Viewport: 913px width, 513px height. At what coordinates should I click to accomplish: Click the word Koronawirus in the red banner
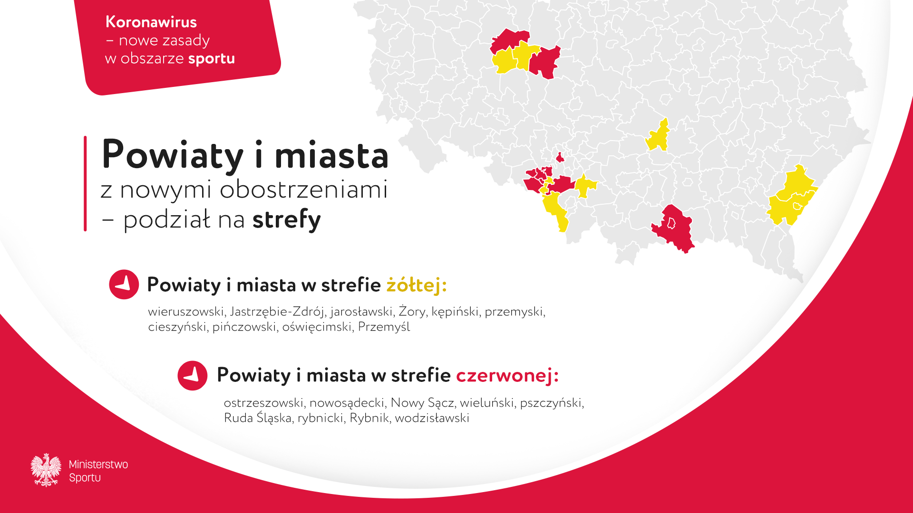(x=151, y=22)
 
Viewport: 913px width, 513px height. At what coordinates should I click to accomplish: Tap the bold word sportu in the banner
(x=212, y=59)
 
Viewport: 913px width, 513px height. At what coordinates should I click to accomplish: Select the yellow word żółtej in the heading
(x=417, y=285)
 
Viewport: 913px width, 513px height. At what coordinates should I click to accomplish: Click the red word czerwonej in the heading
(x=507, y=375)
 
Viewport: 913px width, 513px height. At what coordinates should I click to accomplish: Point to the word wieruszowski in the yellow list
(x=186, y=312)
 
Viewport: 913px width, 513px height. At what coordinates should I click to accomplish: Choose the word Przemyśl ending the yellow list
(x=384, y=327)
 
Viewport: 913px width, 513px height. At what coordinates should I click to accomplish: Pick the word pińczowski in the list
(x=244, y=327)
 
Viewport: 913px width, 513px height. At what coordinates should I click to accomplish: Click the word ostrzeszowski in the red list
(x=264, y=403)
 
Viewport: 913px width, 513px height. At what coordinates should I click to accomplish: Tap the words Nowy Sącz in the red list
(x=422, y=403)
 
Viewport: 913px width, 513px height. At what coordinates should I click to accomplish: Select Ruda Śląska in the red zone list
(x=258, y=418)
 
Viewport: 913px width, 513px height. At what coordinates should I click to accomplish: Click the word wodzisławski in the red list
(x=432, y=418)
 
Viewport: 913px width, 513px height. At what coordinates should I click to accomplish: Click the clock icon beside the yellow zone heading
(x=124, y=285)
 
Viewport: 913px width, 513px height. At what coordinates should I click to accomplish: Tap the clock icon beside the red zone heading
(x=193, y=376)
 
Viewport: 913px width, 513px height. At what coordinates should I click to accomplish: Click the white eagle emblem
(x=46, y=470)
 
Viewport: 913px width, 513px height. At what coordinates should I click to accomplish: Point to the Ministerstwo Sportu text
(x=98, y=471)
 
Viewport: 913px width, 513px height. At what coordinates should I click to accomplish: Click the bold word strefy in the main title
(x=287, y=220)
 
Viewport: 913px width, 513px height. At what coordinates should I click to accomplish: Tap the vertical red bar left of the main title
(x=85, y=183)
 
